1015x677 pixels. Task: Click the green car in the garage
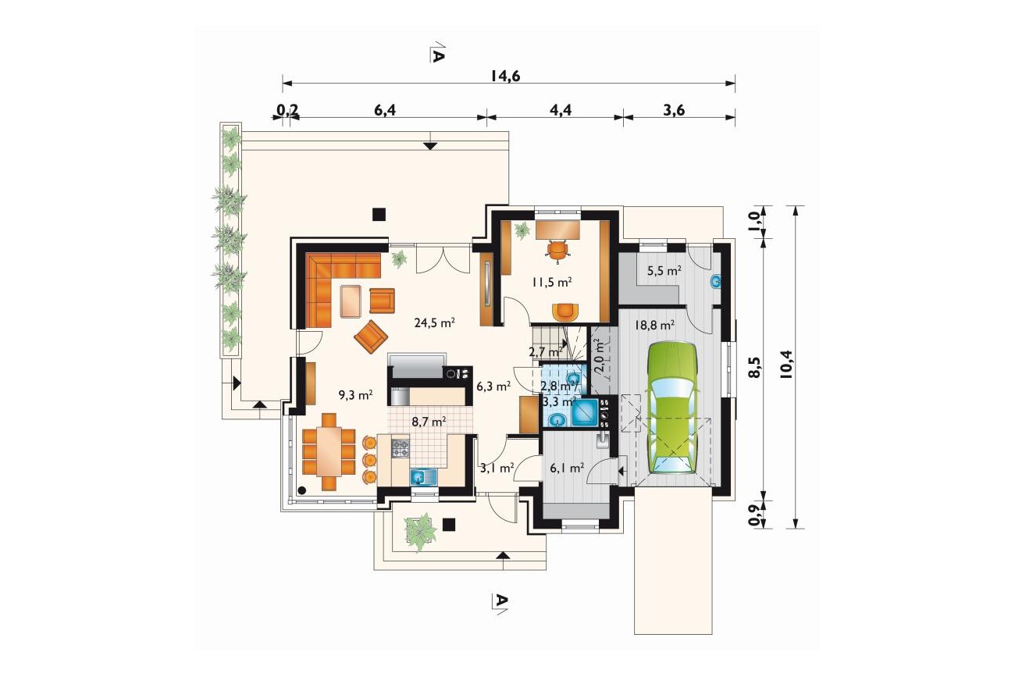tap(672, 408)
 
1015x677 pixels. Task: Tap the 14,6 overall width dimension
tap(505, 76)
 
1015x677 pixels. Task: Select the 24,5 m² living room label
tap(435, 322)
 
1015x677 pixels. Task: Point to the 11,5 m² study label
tap(551, 283)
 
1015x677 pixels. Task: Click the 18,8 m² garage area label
tap(655, 325)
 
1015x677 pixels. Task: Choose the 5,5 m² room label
tap(664, 271)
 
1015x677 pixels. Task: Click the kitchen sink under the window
tap(424, 477)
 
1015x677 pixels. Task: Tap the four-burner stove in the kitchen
tap(400, 448)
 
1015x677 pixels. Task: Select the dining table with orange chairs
tap(329, 451)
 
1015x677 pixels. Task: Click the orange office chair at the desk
tap(557, 250)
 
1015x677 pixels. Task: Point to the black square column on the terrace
tap(379, 214)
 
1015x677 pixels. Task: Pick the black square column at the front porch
tap(449, 525)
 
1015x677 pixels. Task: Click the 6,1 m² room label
tap(567, 468)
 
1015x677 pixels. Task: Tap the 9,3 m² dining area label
tap(356, 394)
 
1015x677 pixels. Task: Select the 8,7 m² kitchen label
tap(429, 422)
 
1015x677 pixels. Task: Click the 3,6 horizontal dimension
tap(674, 110)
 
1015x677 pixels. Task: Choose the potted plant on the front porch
tap(422, 532)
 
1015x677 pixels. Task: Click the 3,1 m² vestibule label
tap(497, 468)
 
